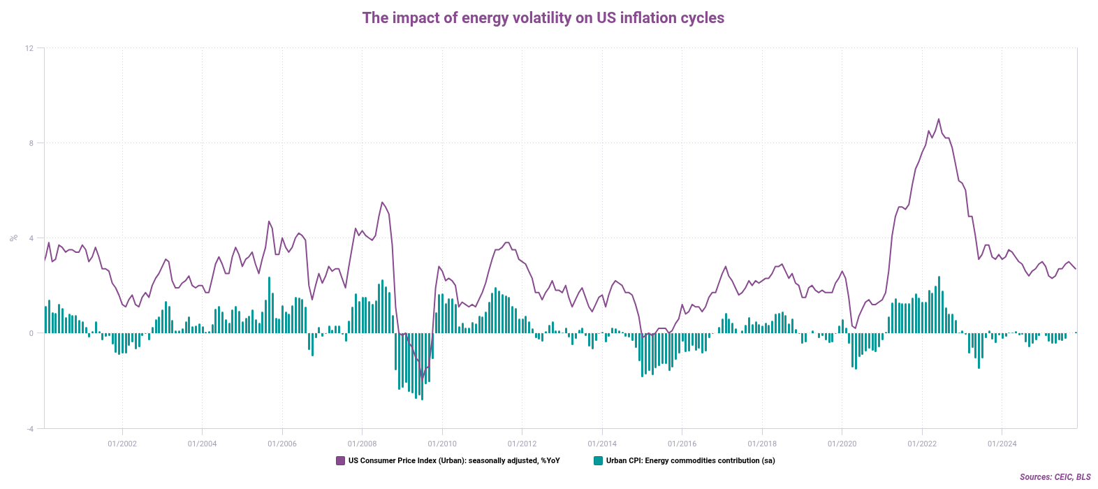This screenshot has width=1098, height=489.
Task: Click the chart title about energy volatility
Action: (x=543, y=18)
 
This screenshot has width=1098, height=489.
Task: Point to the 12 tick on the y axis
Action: (x=29, y=48)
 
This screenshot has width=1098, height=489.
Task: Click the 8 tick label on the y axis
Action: (x=31, y=143)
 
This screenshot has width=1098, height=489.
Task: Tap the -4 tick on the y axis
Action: (x=29, y=428)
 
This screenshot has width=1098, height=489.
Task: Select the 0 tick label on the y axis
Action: (x=31, y=333)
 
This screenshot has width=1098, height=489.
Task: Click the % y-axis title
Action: (x=13, y=238)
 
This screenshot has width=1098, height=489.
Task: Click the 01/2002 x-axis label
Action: (x=122, y=444)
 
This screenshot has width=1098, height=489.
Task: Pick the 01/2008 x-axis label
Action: (x=362, y=444)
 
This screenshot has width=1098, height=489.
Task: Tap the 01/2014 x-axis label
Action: (x=602, y=444)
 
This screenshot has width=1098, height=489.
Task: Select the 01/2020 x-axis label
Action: (x=842, y=444)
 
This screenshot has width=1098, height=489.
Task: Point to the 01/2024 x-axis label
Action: (x=1002, y=444)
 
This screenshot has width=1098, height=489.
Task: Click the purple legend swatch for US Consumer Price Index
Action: (x=341, y=461)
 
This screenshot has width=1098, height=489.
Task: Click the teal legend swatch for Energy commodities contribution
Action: (x=598, y=461)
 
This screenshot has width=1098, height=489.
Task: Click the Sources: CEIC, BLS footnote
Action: (x=1055, y=477)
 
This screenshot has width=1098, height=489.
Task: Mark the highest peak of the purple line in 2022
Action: (x=939, y=119)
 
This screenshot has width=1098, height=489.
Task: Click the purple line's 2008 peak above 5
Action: (x=382, y=203)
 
